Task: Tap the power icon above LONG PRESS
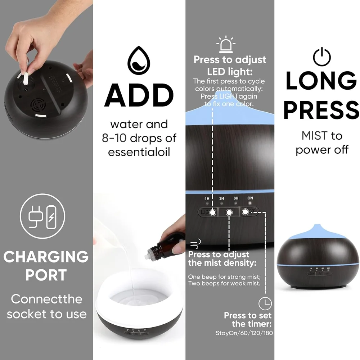(x=322, y=57)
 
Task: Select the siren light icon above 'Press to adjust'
(x=226, y=45)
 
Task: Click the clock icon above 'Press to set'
(x=265, y=303)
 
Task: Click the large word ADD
(x=139, y=95)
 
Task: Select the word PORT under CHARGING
(x=46, y=275)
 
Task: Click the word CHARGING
(x=46, y=257)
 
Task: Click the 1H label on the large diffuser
(x=207, y=198)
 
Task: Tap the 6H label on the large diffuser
(x=236, y=198)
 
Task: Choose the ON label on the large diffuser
(x=250, y=198)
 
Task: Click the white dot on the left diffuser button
(x=213, y=212)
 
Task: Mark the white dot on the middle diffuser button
(x=229, y=213)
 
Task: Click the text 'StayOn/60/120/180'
(x=244, y=333)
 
